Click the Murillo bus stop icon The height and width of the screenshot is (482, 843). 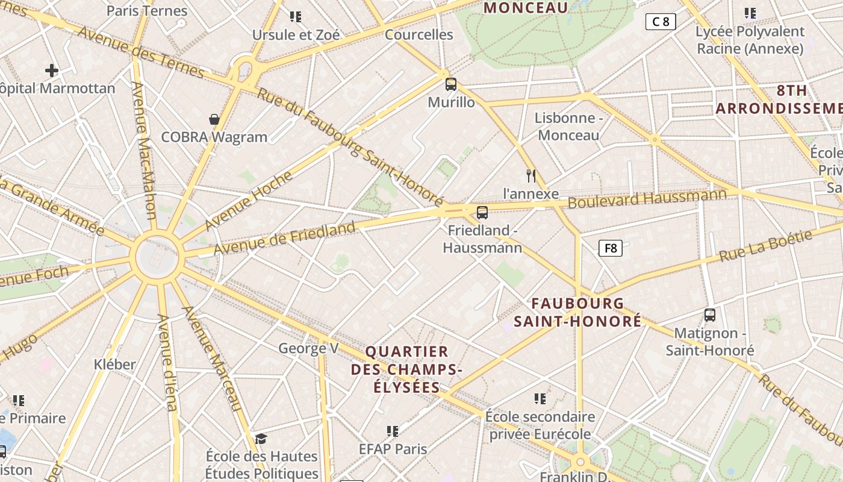click(x=451, y=84)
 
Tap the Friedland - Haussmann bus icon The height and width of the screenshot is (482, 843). click(x=482, y=212)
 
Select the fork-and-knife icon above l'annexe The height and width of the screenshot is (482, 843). click(x=530, y=176)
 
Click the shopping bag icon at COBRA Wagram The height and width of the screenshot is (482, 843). click(x=214, y=119)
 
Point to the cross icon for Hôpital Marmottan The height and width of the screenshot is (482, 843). click(x=52, y=70)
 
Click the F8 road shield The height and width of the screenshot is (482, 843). click(x=610, y=248)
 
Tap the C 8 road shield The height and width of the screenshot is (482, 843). click(x=661, y=22)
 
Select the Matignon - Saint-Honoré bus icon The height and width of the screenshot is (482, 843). click(x=710, y=315)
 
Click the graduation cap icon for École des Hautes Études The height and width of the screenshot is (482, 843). click(x=261, y=438)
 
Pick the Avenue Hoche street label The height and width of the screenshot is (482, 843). click(x=248, y=201)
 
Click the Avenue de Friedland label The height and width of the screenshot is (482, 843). click(x=284, y=239)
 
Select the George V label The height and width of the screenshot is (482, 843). click(x=308, y=348)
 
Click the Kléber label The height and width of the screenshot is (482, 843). click(x=115, y=364)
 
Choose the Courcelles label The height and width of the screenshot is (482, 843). click(x=418, y=34)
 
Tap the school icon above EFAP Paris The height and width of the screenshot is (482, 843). click(x=393, y=431)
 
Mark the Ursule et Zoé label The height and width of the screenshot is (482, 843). click(x=296, y=35)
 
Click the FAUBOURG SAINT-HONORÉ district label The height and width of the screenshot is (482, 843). click(x=577, y=312)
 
